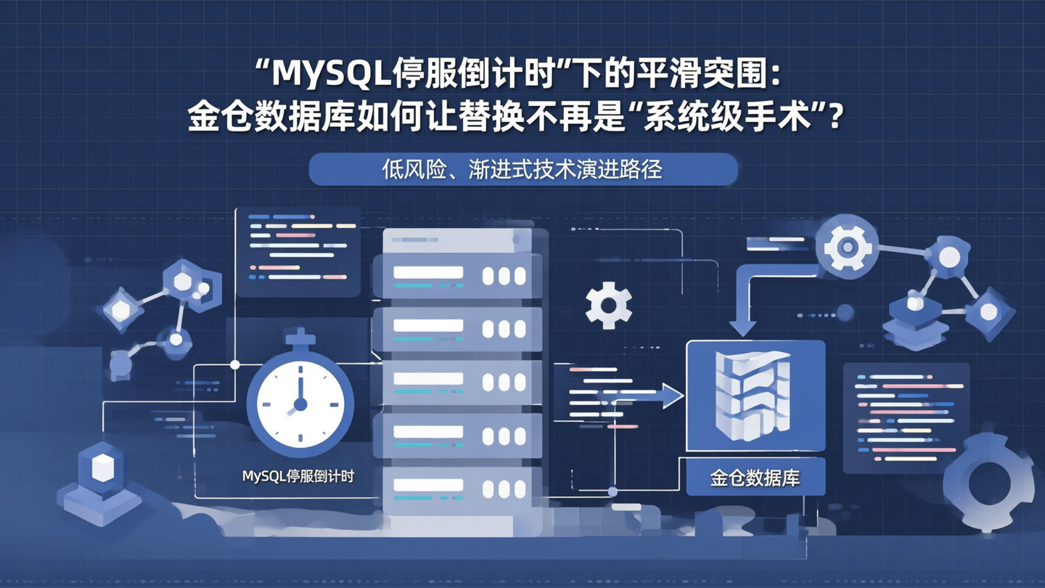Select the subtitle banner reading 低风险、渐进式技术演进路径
point(522,170)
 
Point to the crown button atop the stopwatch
point(300,337)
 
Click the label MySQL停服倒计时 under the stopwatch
point(298,477)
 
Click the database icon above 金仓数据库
point(755,396)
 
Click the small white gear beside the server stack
point(608,306)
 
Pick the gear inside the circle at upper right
point(847,247)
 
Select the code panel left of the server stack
point(299,250)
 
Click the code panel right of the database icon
point(906,418)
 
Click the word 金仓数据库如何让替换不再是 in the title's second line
point(406,116)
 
